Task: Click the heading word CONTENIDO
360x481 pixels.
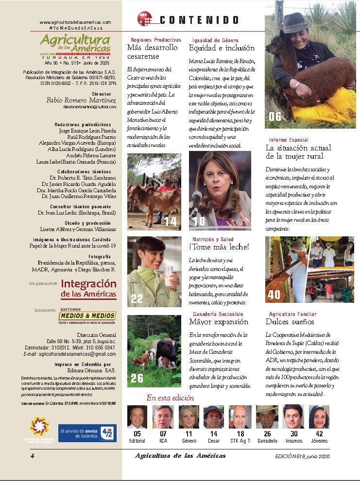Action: tap(199, 20)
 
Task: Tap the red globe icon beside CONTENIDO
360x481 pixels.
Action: tap(144, 19)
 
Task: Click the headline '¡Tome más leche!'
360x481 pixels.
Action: tap(219, 247)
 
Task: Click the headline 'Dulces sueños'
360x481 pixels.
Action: tap(290, 321)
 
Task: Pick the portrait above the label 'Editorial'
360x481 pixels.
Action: tap(137, 417)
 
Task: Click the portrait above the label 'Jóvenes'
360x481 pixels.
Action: tap(319, 417)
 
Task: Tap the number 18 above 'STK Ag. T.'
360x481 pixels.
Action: tap(240, 434)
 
